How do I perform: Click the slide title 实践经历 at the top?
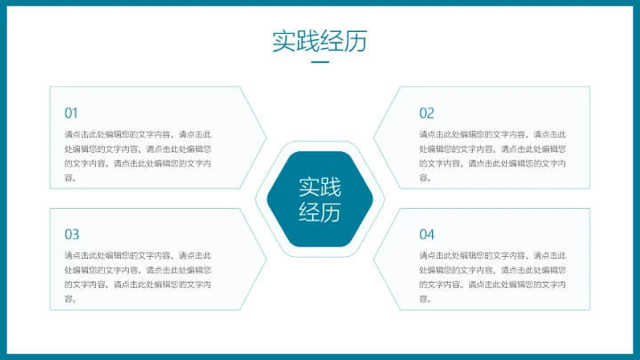(319, 42)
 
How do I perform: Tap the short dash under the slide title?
(319, 63)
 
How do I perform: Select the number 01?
(71, 113)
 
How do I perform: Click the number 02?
(427, 113)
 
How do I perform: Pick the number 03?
(71, 235)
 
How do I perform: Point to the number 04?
(427, 235)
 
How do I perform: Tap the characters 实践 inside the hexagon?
(319, 187)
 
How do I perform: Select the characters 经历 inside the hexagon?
(319, 212)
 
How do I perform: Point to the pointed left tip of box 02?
(375, 138)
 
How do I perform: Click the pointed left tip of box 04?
(375, 260)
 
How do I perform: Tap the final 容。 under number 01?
(70, 178)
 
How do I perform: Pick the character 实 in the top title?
(284, 42)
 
